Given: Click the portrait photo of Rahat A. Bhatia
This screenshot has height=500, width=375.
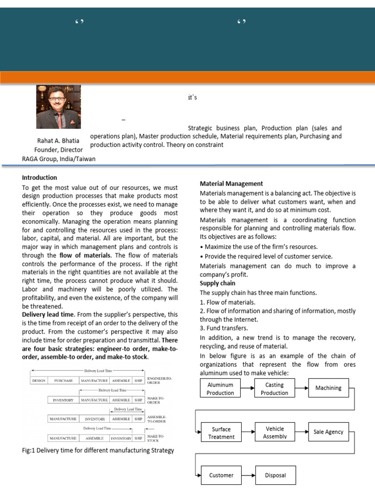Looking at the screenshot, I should (x=58, y=107).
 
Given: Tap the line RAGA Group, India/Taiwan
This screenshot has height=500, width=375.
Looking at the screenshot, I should (x=59, y=158).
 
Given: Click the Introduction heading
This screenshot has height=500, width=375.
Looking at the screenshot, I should (x=40, y=177).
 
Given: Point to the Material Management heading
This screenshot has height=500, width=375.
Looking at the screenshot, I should (x=231, y=184).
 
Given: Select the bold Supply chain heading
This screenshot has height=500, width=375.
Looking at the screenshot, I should (x=217, y=283).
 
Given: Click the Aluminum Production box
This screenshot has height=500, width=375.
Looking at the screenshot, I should (x=221, y=389).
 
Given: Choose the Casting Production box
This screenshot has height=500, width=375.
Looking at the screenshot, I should (x=274, y=389).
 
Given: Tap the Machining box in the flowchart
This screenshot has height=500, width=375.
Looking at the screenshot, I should (x=329, y=388).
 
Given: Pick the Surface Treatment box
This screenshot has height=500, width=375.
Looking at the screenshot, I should (x=221, y=433).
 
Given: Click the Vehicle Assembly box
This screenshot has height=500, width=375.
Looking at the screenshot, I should (x=274, y=433).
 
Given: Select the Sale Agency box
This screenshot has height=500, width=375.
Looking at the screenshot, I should (x=329, y=432).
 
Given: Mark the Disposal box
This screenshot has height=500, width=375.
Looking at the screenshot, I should (x=275, y=475).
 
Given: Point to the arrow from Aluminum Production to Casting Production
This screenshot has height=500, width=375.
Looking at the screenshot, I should (x=248, y=388).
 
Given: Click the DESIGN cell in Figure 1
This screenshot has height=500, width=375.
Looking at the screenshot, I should (x=39, y=380).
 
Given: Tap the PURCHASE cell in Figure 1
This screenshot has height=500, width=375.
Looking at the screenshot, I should (x=63, y=380).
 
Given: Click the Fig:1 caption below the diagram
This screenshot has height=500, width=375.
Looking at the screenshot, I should (x=98, y=450).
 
